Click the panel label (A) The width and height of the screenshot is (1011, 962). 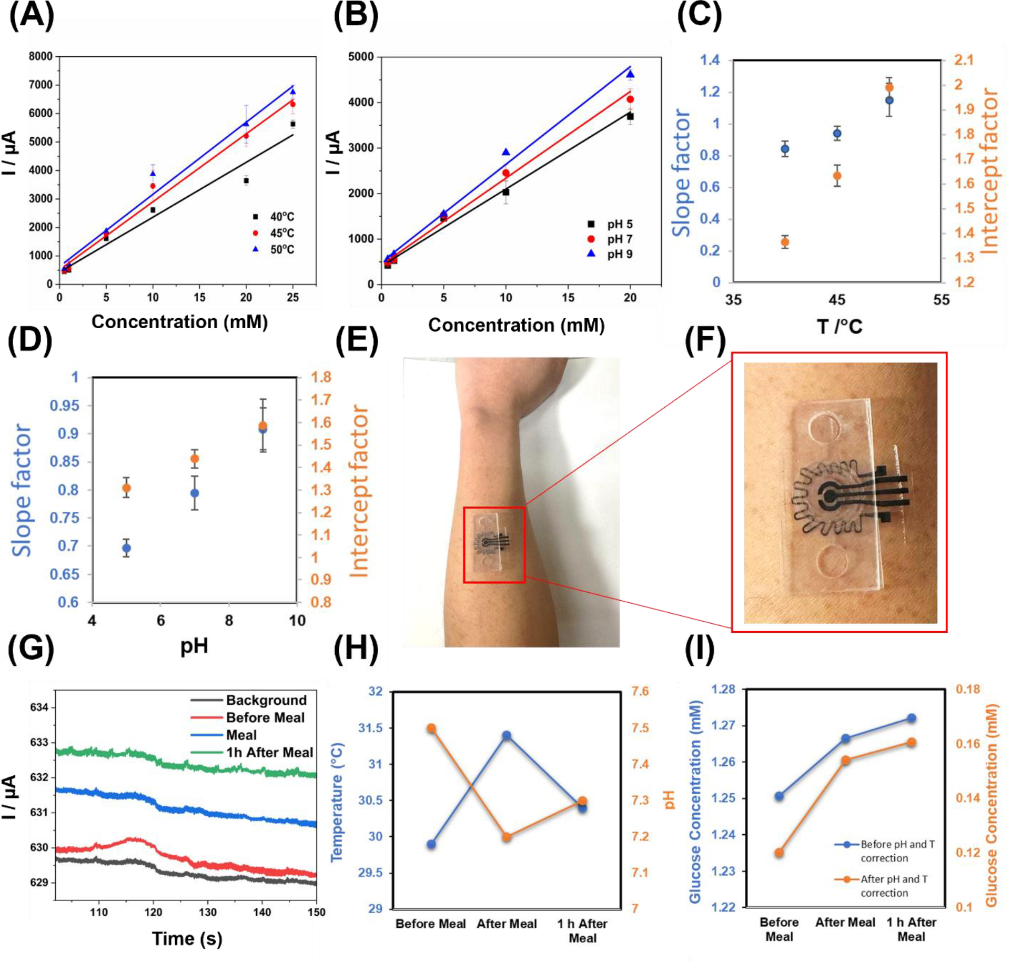(x=32, y=16)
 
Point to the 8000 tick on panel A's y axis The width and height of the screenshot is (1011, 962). (x=41, y=56)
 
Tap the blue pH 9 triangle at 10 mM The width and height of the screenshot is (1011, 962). (x=506, y=152)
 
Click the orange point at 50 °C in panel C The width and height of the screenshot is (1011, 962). (x=889, y=88)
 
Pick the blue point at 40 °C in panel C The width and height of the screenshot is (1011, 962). (x=785, y=149)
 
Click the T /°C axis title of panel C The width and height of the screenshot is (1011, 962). (x=840, y=327)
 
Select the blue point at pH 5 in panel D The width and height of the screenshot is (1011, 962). (x=126, y=548)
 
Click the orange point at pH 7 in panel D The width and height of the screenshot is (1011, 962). (x=195, y=459)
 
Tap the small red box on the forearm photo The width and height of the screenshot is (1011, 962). (x=494, y=545)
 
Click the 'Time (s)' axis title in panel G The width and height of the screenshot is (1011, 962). (x=187, y=939)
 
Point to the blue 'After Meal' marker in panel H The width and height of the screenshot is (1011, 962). (x=507, y=735)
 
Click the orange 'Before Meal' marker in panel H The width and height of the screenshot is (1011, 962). (x=431, y=728)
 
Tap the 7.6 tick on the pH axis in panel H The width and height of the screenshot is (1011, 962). (x=640, y=691)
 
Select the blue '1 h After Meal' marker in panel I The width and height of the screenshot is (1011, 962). (x=912, y=718)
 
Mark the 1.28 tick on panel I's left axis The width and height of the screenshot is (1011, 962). (x=723, y=689)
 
